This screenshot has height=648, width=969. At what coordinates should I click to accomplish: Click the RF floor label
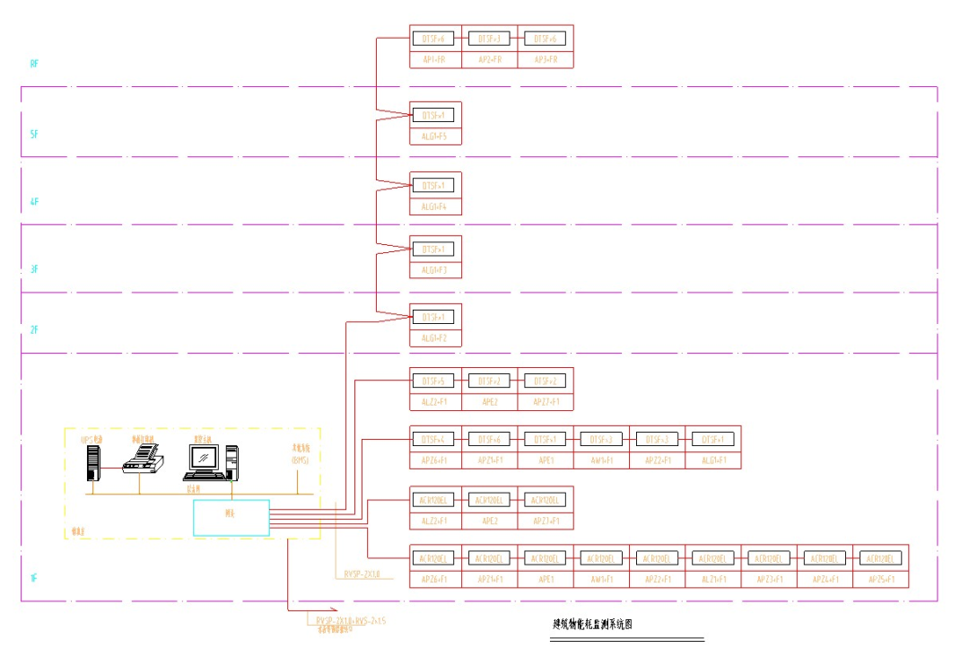(34, 64)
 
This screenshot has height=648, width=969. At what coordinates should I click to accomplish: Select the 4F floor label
(34, 202)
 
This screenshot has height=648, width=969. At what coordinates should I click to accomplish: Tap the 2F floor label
(34, 330)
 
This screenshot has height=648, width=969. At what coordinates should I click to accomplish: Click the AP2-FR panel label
(490, 59)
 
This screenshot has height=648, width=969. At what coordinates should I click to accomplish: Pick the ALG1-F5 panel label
(435, 137)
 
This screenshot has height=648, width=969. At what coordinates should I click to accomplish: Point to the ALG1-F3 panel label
(435, 269)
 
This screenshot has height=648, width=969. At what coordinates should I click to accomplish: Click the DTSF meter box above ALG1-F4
(435, 186)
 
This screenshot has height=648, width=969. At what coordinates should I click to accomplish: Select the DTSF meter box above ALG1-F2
(435, 317)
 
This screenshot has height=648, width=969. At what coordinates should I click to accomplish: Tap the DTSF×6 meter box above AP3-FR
(545, 39)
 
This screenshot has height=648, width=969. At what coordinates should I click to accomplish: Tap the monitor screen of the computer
(205, 458)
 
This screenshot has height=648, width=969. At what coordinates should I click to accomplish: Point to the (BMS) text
(300, 460)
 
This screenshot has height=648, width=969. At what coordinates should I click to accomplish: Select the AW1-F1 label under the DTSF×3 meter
(600, 460)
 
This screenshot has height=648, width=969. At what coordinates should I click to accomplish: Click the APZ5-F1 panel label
(881, 580)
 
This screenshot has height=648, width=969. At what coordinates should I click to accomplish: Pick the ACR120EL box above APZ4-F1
(825, 558)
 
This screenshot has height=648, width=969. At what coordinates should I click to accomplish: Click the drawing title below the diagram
(592, 625)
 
